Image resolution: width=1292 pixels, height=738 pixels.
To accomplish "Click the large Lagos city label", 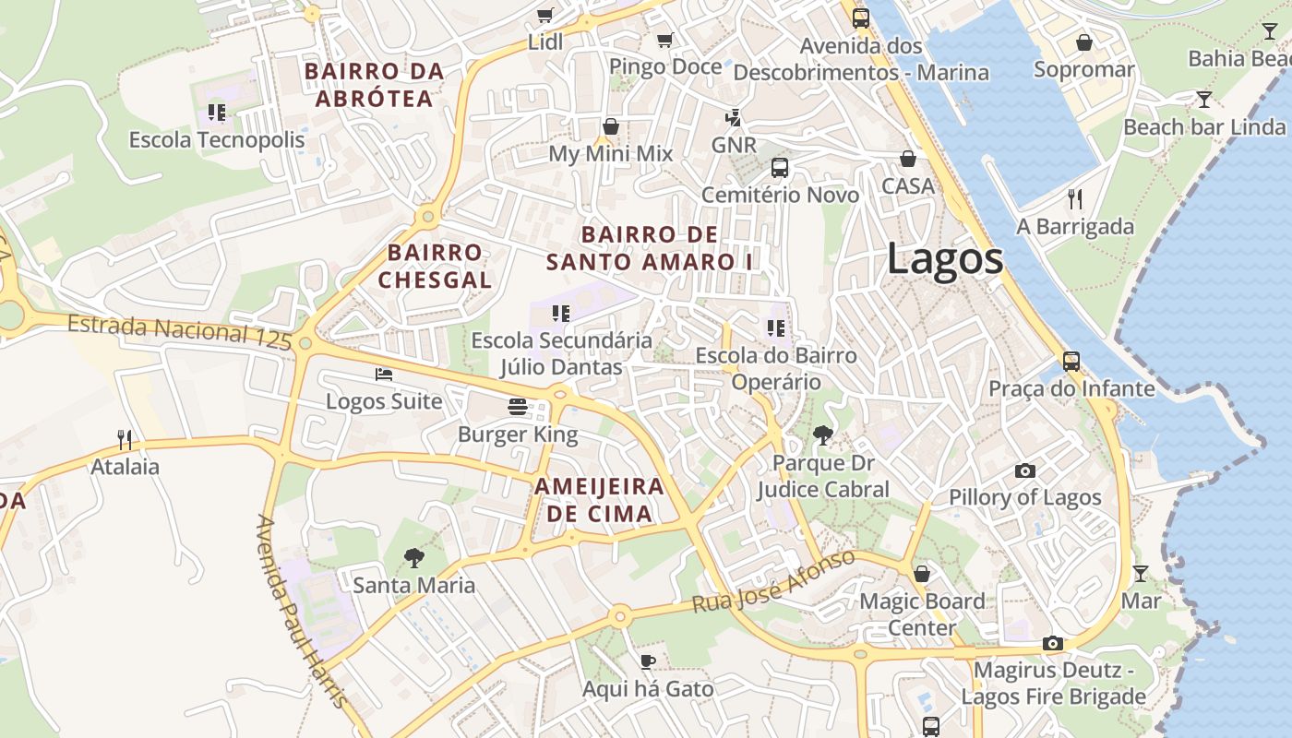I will click(944, 259).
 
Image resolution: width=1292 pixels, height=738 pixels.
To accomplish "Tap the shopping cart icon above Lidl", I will click(544, 15).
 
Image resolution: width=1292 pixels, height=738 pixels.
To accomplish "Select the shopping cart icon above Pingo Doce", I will click(664, 40).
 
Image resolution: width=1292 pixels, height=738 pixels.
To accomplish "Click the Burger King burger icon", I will click(517, 407).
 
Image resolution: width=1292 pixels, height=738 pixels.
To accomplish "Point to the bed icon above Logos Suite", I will click(384, 374).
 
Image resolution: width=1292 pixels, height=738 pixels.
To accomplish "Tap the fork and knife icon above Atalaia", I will click(125, 439).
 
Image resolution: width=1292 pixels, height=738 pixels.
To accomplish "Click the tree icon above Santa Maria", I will click(413, 557).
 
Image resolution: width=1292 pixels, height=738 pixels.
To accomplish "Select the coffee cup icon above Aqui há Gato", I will click(648, 661).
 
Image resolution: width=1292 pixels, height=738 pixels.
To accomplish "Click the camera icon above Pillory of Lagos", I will click(1024, 470).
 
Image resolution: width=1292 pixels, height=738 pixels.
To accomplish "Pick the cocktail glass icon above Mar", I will click(1141, 574).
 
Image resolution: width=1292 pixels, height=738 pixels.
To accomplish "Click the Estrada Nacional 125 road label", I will click(180, 331).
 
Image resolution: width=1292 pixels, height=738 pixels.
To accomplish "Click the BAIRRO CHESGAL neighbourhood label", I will click(435, 266).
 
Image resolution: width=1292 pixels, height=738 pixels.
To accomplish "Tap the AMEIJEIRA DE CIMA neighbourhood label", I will click(599, 500).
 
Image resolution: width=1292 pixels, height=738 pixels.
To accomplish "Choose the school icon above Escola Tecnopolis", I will click(217, 113).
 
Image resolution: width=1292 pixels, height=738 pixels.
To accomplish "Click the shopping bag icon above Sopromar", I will click(1083, 42).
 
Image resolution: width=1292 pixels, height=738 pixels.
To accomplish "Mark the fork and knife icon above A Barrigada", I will click(1074, 198).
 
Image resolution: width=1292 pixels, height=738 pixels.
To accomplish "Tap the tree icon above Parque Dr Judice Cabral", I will click(822, 435).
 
